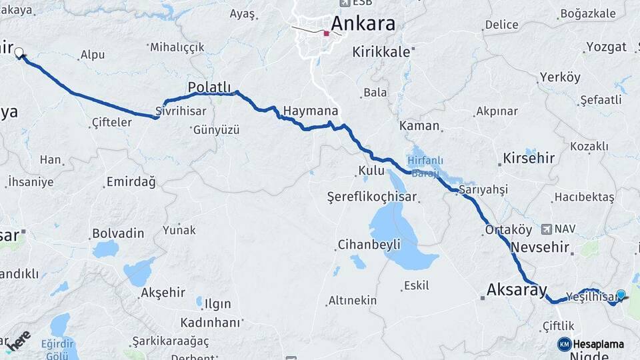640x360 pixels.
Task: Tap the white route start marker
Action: tap(19, 52)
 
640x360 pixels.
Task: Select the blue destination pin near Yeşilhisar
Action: tap(621, 295)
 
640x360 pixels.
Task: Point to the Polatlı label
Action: tap(209, 87)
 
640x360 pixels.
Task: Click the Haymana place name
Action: tap(310, 111)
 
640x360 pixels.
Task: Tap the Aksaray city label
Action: tap(517, 290)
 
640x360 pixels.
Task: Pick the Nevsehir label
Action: tap(540, 247)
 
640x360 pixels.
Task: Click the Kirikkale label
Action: tap(382, 51)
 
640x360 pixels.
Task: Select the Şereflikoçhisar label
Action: tap(371, 197)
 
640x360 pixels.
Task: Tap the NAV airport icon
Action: tap(547, 229)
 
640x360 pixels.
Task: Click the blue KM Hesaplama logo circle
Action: tap(564, 344)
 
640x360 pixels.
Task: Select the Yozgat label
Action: tap(606, 47)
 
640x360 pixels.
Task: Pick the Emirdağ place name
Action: tap(131, 182)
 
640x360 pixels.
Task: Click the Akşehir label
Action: tap(162, 293)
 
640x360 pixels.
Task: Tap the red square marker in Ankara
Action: tap(326, 33)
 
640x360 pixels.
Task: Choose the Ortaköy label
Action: tap(509, 230)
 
